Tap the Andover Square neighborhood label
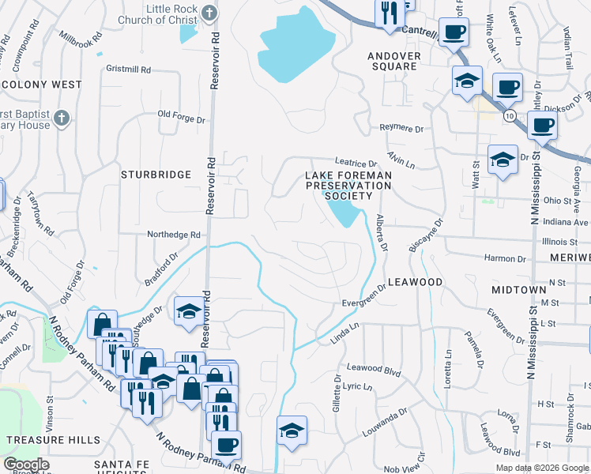(403, 60)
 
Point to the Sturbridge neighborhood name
(156, 174)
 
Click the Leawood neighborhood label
(415, 282)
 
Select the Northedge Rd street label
(174, 235)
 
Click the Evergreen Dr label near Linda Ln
(363, 301)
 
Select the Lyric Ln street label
(357, 386)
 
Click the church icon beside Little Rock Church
(209, 13)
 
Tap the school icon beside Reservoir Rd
(189, 312)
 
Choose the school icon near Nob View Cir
(292, 431)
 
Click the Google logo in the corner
(26, 465)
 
